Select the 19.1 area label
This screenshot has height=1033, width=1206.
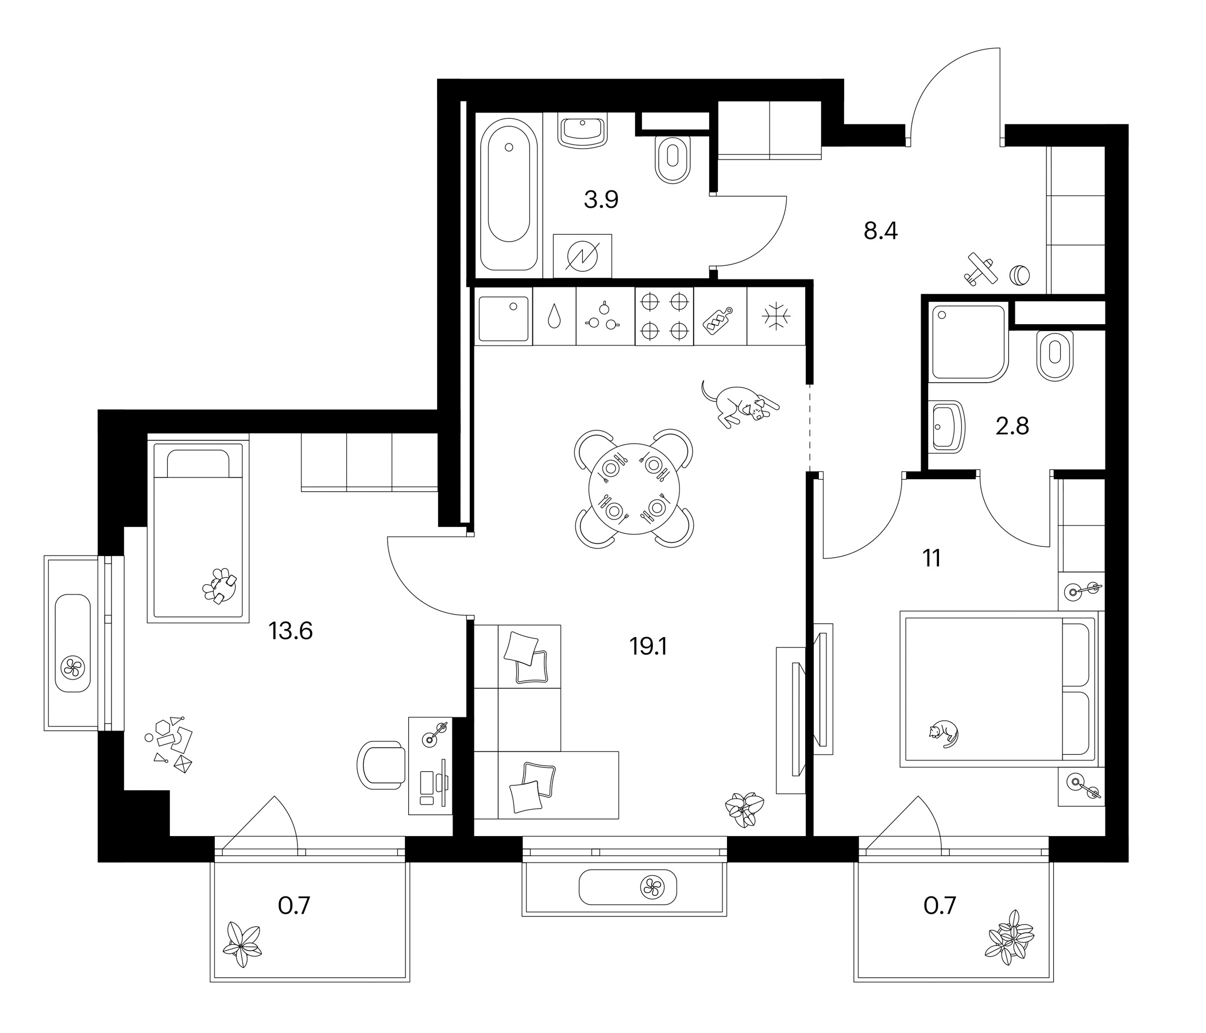[648, 646]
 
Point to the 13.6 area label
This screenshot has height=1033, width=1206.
[291, 631]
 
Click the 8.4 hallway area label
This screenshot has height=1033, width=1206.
[880, 231]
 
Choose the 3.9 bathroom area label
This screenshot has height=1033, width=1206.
[601, 200]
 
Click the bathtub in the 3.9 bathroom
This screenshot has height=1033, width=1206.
[509, 195]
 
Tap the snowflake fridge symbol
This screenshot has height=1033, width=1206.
[776, 316]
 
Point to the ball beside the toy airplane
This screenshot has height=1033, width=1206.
[1019, 274]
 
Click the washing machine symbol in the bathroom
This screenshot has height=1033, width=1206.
[582, 257]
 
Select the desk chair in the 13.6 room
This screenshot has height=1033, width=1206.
[381, 765]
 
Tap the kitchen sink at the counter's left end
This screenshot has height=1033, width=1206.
[504, 319]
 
